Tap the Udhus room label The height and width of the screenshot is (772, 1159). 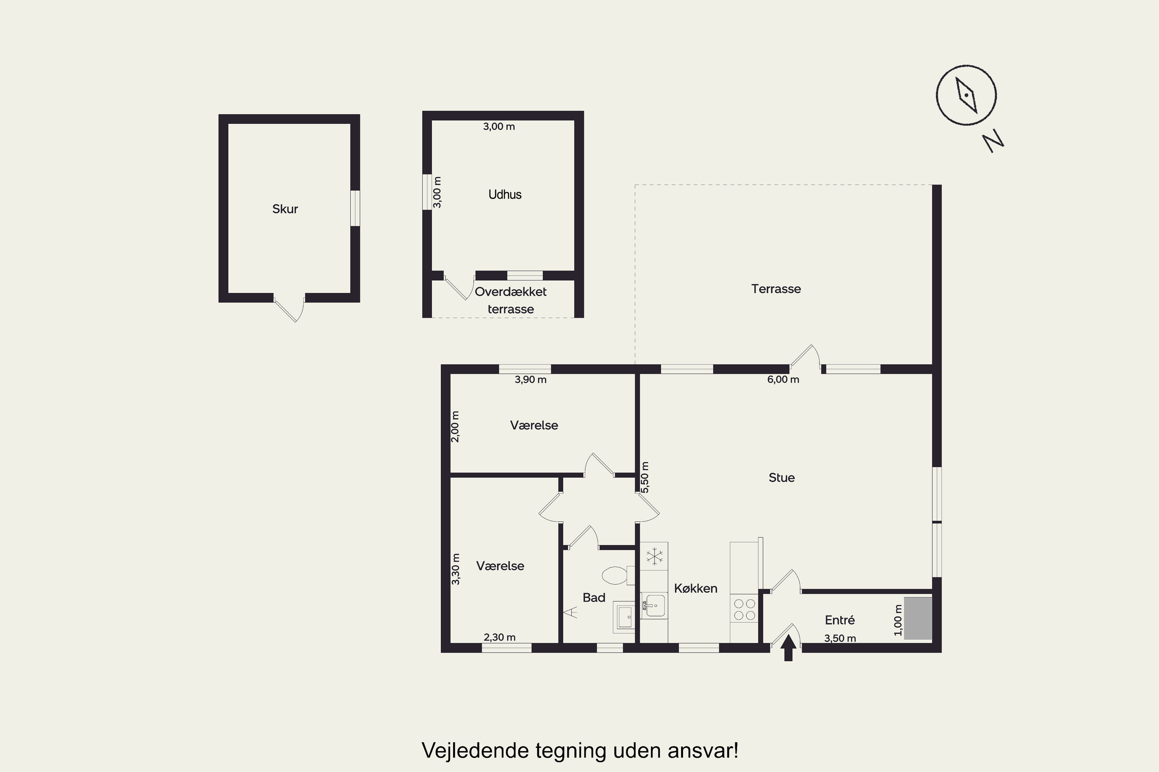505,195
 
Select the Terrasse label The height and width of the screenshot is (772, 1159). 776,289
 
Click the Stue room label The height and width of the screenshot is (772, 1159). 782,477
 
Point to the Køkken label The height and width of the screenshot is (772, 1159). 695,588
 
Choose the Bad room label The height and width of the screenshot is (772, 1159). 594,598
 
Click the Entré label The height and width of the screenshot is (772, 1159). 840,620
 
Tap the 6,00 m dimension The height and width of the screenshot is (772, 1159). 783,379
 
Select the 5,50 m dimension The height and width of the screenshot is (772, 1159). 645,477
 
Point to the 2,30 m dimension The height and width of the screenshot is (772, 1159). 500,638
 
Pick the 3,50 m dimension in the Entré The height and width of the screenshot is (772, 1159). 840,638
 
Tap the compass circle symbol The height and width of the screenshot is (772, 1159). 966,95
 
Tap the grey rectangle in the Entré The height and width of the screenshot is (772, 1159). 918,618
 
